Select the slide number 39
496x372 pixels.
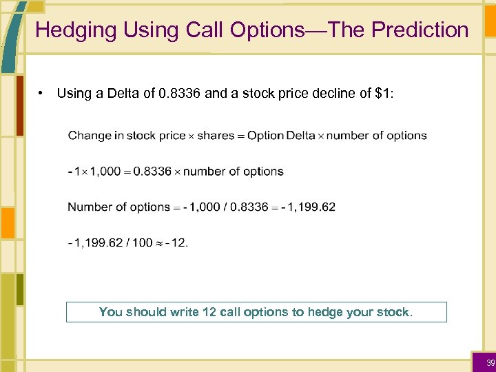pyautogui.click(x=490, y=363)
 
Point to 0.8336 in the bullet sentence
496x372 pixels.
pyautogui.click(x=180, y=94)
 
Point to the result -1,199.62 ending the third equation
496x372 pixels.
pyautogui.click(x=308, y=207)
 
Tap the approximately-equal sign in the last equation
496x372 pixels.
pyautogui.click(x=161, y=242)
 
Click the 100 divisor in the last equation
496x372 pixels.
pyautogui.click(x=142, y=242)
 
